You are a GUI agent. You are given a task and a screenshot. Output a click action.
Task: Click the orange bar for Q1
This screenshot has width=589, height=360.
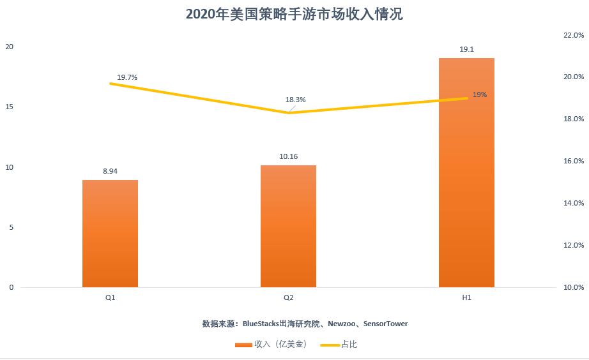point(110,234)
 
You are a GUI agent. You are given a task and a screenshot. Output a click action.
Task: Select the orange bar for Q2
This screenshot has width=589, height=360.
point(288,227)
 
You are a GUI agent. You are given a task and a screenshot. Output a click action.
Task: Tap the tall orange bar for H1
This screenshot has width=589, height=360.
point(466,172)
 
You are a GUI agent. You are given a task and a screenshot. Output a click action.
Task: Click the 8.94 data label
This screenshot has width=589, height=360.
point(111,171)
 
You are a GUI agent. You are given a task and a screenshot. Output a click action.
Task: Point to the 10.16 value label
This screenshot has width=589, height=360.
point(288,156)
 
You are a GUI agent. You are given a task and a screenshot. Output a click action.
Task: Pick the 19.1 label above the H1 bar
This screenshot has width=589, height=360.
point(466,49)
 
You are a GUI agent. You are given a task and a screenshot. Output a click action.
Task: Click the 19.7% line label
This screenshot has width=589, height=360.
point(127,77)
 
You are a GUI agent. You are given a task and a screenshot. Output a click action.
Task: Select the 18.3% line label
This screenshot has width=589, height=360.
point(296,100)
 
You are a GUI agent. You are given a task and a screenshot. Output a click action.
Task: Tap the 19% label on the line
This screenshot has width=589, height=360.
point(480,94)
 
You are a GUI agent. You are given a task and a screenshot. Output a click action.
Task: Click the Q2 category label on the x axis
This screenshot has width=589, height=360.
point(289,298)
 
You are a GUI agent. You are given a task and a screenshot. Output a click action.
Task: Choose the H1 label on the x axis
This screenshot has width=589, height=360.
point(466,298)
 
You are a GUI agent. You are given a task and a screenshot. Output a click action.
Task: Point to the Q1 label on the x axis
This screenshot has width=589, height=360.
point(111,298)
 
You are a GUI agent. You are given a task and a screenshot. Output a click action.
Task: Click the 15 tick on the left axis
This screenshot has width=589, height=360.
point(9,107)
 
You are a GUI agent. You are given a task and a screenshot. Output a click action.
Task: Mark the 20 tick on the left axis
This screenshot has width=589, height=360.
point(9,47)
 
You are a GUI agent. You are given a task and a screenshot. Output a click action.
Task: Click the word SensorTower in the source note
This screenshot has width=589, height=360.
point(385,324)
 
